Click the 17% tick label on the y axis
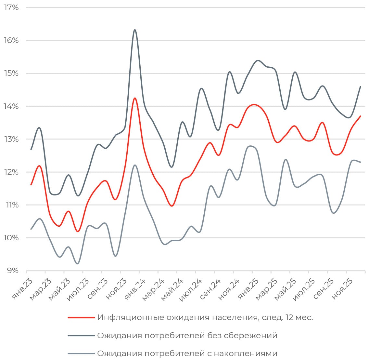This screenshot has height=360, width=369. tap(11, 7)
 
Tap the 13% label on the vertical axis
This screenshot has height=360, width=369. tap(11, 139)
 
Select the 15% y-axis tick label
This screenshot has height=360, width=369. tap(11, 73)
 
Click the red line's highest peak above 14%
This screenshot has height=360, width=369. tap(134, 98)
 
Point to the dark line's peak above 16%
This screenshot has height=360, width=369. tap(135, 30)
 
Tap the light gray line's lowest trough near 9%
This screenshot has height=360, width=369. tap(77, 263)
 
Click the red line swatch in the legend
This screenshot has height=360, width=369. tap(81, 317)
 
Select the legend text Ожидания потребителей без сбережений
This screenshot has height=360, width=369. tap(187, 335)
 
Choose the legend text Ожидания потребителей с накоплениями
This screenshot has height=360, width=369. tap(187, 353)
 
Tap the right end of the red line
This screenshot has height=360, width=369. tap(361, 116)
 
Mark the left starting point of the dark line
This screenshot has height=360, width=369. tap(31, 149)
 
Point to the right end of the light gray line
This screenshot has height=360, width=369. tap(361, 162)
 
